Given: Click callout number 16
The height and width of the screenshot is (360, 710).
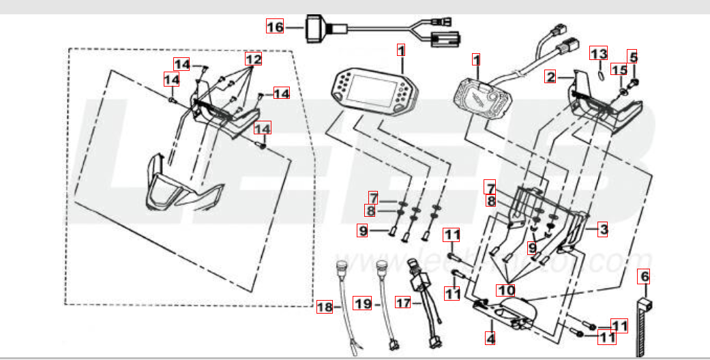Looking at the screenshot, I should click(274, 27).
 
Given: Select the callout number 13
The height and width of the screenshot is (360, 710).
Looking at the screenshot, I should click(598, 54).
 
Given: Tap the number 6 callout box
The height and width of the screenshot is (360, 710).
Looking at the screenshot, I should click(645, 276).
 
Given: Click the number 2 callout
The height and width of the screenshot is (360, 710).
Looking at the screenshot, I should click(550, 77).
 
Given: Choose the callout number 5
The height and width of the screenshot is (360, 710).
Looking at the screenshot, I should click(633, 57).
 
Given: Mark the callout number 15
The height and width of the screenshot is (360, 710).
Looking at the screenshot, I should click(619, 70).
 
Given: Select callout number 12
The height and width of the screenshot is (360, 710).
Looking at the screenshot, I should click(254, 60).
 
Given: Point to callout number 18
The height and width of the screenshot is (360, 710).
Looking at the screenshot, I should click(325, 308).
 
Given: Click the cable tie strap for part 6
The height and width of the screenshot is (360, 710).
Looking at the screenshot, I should click(643, 327).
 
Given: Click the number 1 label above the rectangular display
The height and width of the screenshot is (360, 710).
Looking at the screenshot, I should click(401, 50).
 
